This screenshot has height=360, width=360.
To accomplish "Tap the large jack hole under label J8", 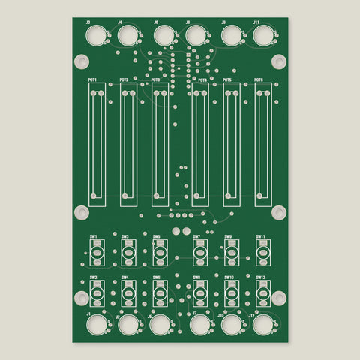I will point(196,35).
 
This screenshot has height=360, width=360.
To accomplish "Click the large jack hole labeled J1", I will point(97,325).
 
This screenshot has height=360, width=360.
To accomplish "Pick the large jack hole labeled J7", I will point(199,325).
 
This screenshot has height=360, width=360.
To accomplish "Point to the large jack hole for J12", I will point(262,325).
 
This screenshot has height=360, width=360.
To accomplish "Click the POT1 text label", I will point(92,79).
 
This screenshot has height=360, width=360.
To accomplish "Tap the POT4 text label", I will point(202,79).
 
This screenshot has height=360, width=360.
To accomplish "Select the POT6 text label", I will point(259,79).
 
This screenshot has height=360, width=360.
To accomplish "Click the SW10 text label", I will point(229,277).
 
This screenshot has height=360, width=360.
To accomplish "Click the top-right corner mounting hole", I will point(278,61).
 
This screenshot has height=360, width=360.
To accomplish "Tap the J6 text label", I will point(156,22).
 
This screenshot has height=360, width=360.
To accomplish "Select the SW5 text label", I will point(156,237).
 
